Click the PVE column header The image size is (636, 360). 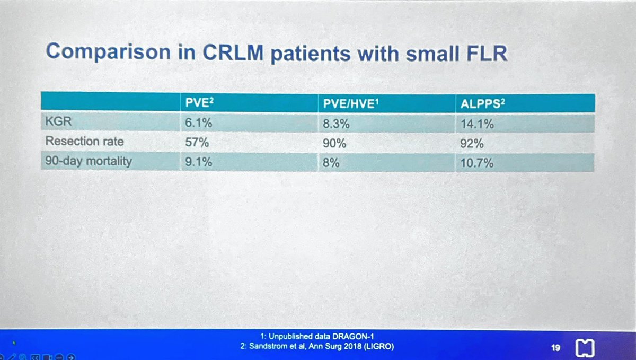(x=195, y=103)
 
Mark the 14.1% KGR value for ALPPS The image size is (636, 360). (x=478, y=124)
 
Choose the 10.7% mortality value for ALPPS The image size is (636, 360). (x=478, y=163)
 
